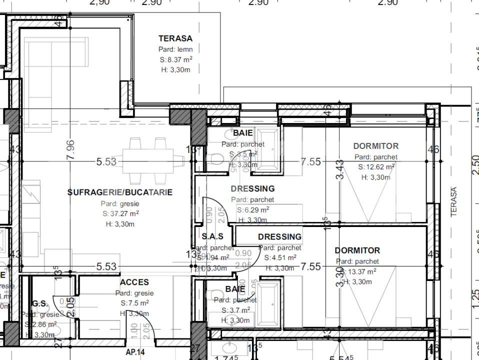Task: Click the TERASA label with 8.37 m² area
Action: click(175, 38)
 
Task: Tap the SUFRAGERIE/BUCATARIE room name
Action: click(120, 192)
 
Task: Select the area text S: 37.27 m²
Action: click(120, 213)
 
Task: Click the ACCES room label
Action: click(134, 282)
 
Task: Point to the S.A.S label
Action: click(212, 236)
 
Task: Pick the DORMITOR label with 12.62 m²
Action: click(376, 146)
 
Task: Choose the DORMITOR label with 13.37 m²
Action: click(357, 250)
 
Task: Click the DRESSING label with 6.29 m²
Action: click(252, 188)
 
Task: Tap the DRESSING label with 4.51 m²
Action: click(279, 236)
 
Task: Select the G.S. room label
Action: click(40, 303)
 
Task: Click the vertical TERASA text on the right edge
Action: click(454, 202)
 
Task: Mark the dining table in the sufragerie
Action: click(150, 161)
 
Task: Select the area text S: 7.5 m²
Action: click(134, 303)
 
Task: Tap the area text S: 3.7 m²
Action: click(235, 310)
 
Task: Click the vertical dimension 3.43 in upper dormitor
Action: click(340, 170)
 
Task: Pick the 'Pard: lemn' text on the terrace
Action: click(175, 49)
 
